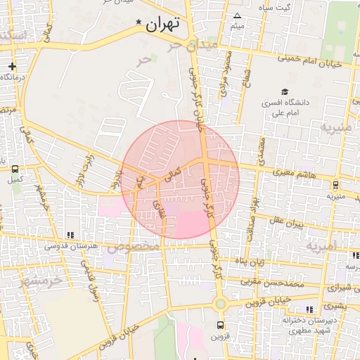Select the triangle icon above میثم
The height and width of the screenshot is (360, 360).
tap(237, 16)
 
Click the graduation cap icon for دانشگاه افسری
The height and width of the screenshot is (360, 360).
tap(285, 91)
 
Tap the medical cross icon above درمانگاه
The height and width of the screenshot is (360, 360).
tap(12, 66)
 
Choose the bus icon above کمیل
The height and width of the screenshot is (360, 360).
tap(14, 169)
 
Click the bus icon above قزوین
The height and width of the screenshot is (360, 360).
tap(221, 325)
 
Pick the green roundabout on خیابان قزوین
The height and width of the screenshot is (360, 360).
tap(220, 304)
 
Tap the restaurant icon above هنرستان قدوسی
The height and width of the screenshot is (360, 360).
tap(70, 235)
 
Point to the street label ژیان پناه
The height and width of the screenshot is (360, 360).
tap(249, 262)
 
